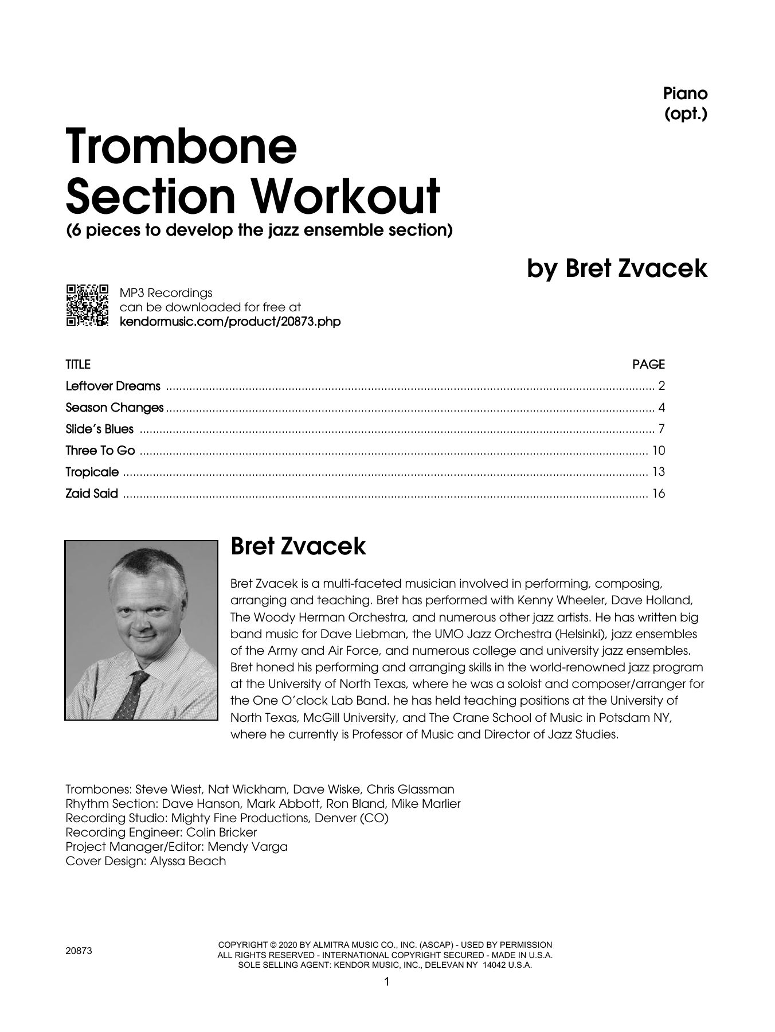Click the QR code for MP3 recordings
tap(87, 306)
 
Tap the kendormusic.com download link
tap(230, 322)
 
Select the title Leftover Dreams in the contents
tap(113, 386)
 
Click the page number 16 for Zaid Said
tap(658, 494)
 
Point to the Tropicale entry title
tap(92, 472)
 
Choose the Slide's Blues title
tap(99, 429)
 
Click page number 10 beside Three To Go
tap(658, 451)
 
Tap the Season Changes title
tap(115, 408)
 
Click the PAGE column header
tap(648, 364)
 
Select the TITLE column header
tap(78, 364)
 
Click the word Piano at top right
tap(685, 93)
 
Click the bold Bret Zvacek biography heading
tap(298, 546)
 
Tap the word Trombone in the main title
tap(182, 146)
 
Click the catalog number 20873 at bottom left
tap(79, 951)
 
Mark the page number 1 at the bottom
tap(386, 982)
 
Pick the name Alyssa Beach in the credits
tap(188, 861)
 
